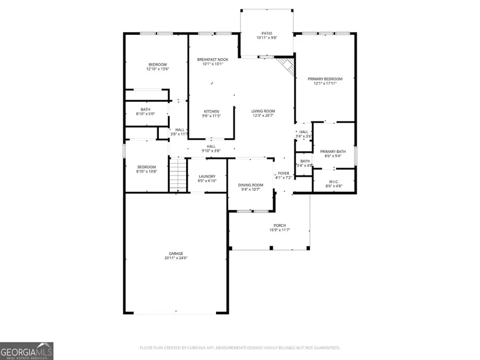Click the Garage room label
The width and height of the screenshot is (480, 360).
tap(176, 253)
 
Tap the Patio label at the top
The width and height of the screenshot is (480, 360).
tap(267, 33)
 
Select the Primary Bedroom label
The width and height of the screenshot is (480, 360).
tap(325, 78)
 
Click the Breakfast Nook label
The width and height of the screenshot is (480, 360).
tap(212, 59)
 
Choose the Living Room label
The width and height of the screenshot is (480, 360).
tap(263, 110)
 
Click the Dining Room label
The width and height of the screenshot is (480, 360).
tap(251, 185)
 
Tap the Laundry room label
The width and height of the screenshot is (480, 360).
tap(206, 177)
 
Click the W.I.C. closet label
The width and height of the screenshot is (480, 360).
tap(334, 182)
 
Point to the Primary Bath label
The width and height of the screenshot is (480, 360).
tap(334, 151)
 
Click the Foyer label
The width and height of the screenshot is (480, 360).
tap(283, 173)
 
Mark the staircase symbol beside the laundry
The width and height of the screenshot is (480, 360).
tap(178, 176)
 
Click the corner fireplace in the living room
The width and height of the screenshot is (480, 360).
tap(287, 66)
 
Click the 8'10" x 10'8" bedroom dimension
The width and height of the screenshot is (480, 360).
tap(147, 172)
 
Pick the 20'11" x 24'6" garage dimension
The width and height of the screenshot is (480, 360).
tap(176, 258)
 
